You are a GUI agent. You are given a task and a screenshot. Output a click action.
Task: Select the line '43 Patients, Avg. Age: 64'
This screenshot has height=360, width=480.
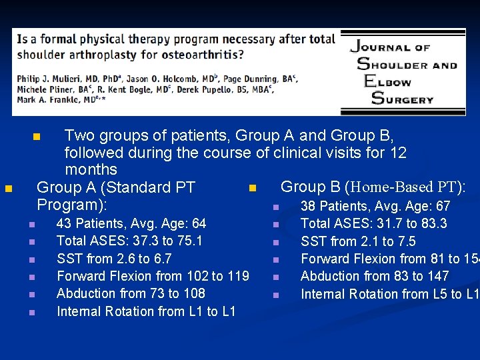131,223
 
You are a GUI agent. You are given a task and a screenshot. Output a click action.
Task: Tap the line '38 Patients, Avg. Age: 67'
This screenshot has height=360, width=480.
375,206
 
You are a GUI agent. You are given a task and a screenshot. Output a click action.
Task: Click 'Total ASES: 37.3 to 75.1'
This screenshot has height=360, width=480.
129,241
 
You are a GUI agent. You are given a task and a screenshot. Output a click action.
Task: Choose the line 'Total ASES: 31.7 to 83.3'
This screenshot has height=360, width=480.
373,223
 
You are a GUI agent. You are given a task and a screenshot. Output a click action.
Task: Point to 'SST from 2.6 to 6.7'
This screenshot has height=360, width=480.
114,259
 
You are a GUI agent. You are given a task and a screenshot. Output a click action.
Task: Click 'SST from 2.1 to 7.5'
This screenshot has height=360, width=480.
358,241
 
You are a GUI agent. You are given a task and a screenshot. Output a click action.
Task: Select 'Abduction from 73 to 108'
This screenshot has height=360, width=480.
131,293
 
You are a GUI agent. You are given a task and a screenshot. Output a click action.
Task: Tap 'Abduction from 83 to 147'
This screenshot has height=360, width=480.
375,276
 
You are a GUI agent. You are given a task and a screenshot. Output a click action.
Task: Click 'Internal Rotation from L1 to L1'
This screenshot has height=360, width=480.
146,311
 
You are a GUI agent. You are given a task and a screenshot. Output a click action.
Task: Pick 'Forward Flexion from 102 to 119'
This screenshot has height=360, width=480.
153,276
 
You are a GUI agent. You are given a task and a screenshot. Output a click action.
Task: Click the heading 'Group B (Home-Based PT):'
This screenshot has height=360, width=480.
373,187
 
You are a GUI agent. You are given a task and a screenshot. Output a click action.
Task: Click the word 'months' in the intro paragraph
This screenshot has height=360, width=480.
91,170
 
